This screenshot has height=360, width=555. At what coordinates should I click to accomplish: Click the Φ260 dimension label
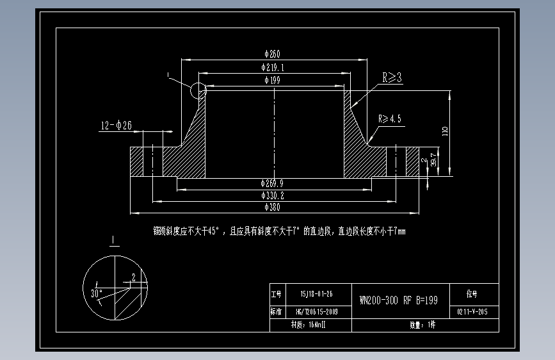coord(272,54)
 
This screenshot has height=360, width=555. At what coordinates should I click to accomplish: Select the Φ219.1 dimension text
coord(273,67)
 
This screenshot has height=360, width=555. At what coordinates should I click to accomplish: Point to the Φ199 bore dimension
coord(272,80)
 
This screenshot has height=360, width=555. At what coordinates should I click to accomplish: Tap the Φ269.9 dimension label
coord(273,183)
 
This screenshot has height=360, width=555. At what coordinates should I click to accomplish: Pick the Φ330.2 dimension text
coord(273,195)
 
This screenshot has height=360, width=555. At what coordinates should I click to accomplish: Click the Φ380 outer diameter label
coord(272,207)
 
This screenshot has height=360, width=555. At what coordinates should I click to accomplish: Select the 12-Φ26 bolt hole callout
coord(116,126)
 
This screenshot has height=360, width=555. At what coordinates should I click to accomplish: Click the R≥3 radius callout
coord(392,78)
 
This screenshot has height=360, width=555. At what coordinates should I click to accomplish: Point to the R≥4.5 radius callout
coord(389,119)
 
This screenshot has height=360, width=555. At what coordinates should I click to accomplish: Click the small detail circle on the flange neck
coord(198,90)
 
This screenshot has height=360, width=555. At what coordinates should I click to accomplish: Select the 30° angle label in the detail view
coord(97,292)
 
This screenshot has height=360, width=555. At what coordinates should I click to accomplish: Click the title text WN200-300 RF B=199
coord(399,300)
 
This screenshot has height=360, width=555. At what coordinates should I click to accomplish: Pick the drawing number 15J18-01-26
coord(316,294)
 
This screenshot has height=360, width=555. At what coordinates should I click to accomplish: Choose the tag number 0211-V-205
coord(472,312)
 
